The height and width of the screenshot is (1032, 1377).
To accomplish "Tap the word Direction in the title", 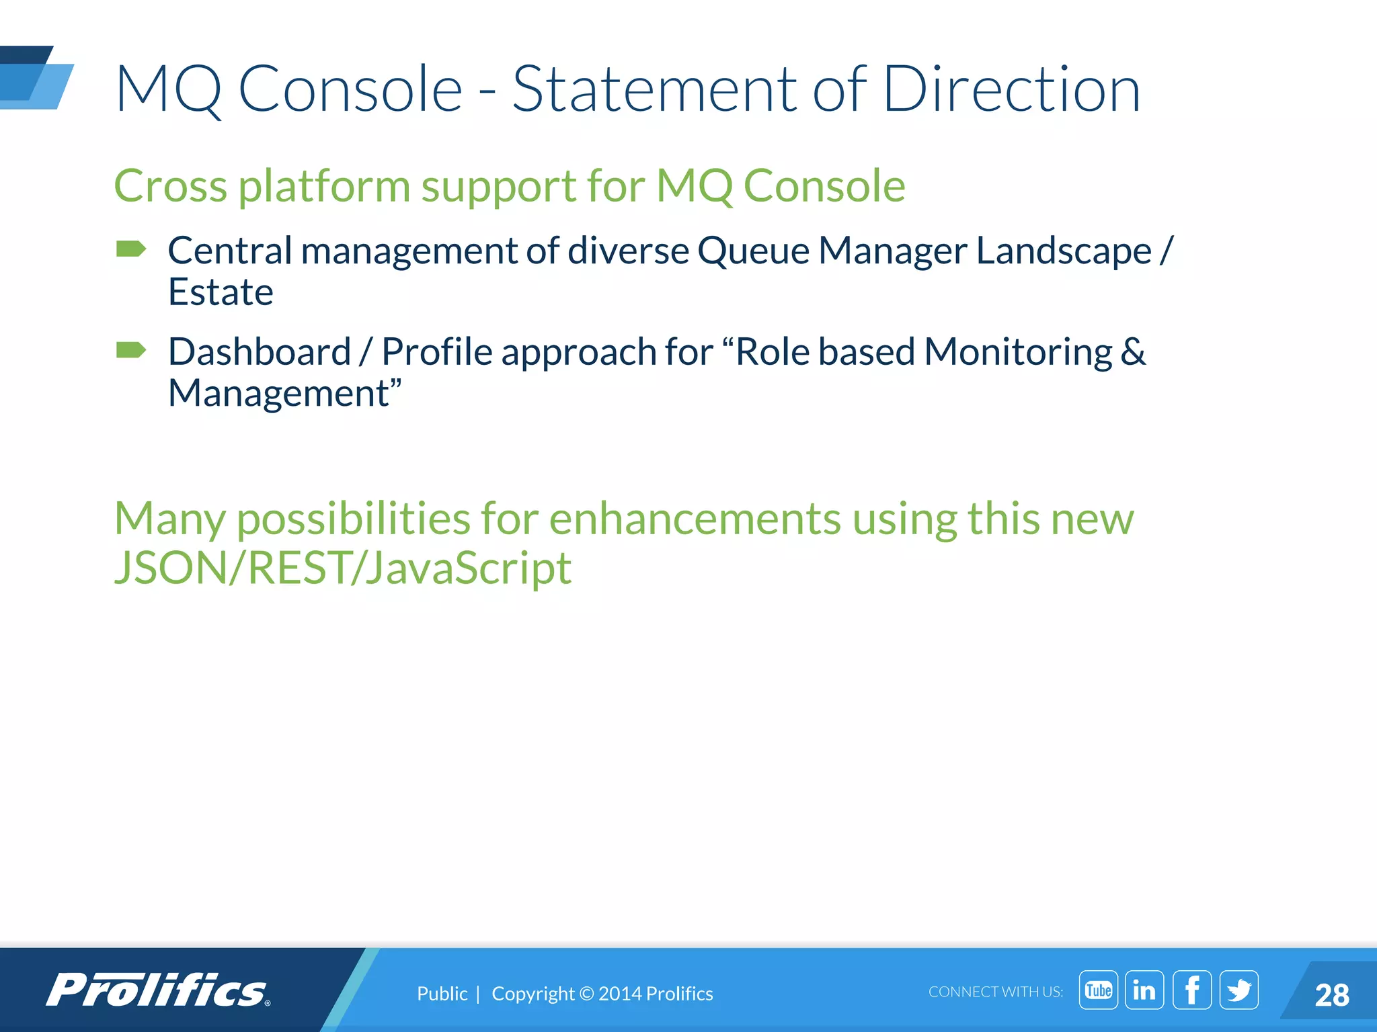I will [1011, 89].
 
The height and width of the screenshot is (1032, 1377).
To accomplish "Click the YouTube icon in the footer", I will [1098, 990].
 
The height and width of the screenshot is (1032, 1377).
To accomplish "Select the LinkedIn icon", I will [1144, 990].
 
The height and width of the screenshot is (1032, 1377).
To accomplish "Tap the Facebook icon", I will [1192, 990].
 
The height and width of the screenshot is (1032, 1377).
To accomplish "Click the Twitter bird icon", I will [1239, 990].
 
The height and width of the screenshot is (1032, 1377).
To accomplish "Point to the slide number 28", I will [1331, 995].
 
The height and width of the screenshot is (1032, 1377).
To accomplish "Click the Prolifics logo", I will [158, 990].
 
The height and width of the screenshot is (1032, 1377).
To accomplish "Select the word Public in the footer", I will [442, 994].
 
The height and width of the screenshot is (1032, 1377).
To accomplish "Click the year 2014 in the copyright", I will [619, 994].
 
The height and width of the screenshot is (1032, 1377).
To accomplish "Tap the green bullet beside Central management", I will [131, 249].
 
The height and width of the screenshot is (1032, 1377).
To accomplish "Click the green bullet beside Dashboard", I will [131, 350].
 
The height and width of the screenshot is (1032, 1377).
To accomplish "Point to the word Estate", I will [221, 292].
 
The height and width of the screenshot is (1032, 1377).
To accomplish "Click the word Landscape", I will [1064, 251].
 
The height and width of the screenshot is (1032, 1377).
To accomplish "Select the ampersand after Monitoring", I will [1133, 351].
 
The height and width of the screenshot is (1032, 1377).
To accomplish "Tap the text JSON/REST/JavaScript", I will [343, 568].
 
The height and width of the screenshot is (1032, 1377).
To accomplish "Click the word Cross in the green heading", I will [170, 186].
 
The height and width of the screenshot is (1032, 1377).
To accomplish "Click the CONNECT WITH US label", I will [995, 992].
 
